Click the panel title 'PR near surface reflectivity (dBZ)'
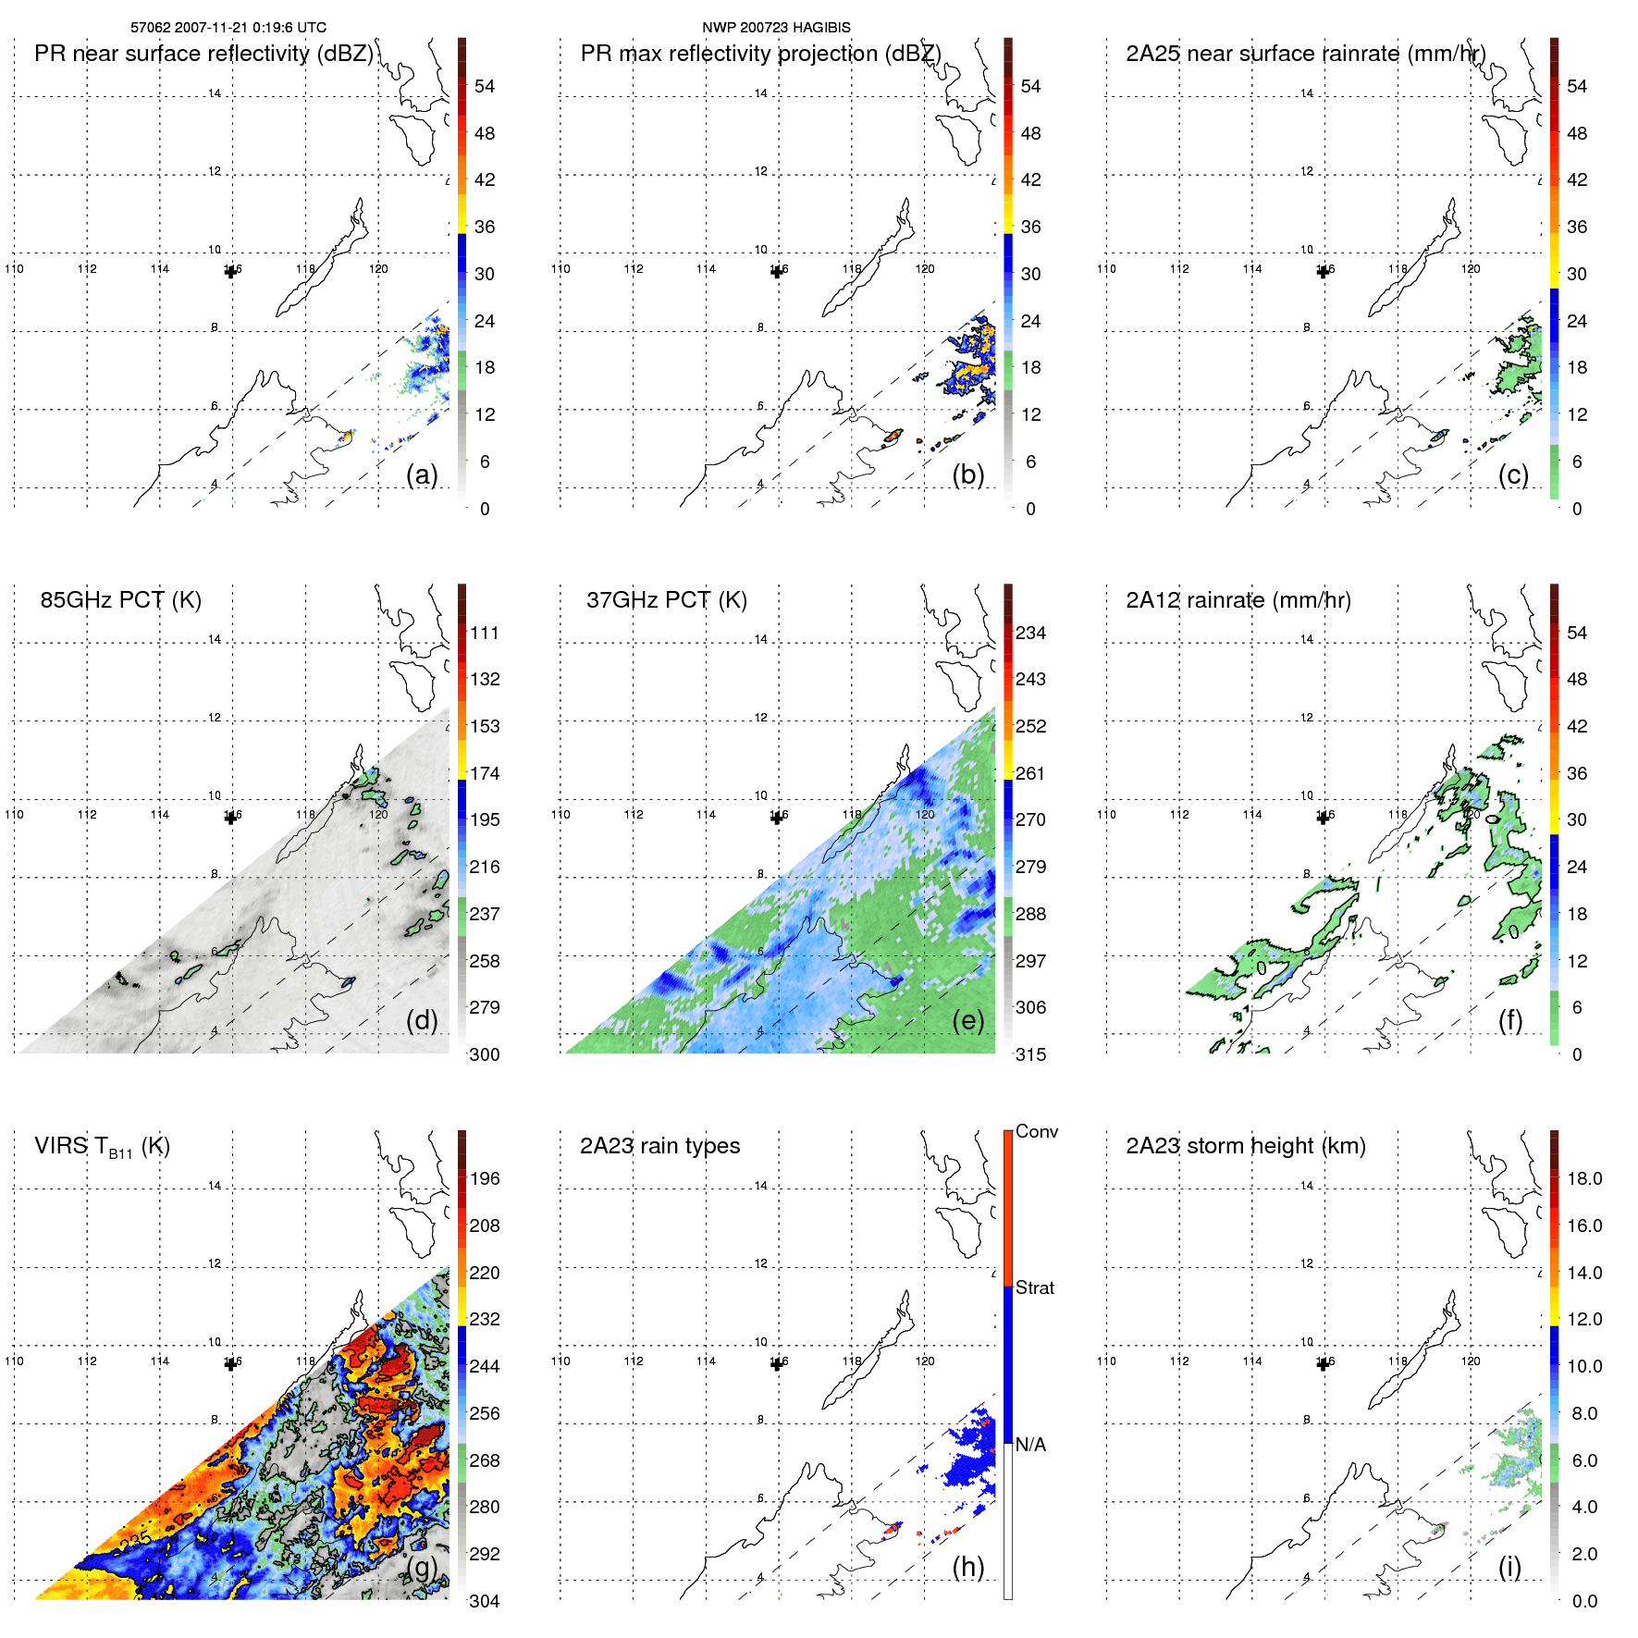pyautogui.click(x=203, y=54)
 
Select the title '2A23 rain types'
pyautogui.click(x=659, y=1146)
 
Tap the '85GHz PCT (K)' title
pyautogui.click(x=120, y=600)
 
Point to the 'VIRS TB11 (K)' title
pyautogui.click(x=102, y=1147)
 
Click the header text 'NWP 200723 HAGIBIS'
pyautogui.click(x=776, y=28)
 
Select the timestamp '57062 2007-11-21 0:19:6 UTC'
pyautogui.click(x=228, y=28)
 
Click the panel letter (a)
pyautogui.click(x=422, y=474)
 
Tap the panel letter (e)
pyautogui.click(x=967, y=1020)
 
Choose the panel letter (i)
pyautogui.click(x=1509, y=1567)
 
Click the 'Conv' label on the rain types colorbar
pyautogui.click(x=1036, y=1132)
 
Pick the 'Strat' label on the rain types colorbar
pyautogui.click(x=1035, y=1288)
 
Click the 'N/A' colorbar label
pyautogui.click(x=1029, y=1445)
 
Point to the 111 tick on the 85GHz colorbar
pyautogui.click(x=485, y=634)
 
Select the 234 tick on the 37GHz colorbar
pyautogui.click(x=1030, y=634)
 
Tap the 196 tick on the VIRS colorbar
pyautogui.click(x=485, y=1179)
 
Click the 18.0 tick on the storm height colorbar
pyautogui.click(x=1584, y=1179)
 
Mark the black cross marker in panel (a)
pyautogui.click(x=231, y=271)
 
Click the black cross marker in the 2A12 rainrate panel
pyautogui.click(x=1324, y=817)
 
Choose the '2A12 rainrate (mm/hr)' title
pyautogui.click(x=1238, y=600)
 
